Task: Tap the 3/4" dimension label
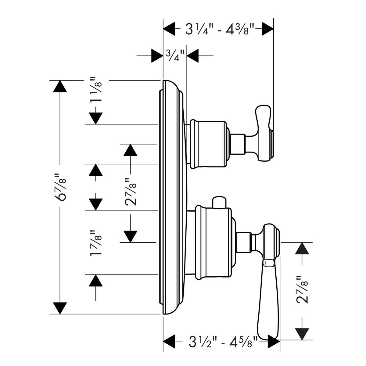coord(175,56)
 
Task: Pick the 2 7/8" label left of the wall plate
coord(130,192)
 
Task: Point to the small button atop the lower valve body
coord(219,202)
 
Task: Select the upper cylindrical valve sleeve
coord(208,144)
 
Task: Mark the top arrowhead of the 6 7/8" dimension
coord(60,86)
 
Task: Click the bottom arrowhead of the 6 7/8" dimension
coord(60,308)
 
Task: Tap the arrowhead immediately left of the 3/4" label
coord(157,56)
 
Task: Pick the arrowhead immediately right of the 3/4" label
coord(193,56)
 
